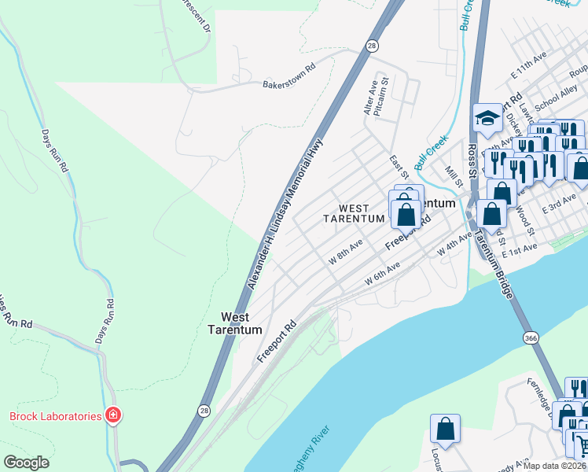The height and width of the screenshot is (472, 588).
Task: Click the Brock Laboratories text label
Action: tap(55, 416)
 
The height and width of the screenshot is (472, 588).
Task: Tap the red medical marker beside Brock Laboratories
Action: tap(113, 415)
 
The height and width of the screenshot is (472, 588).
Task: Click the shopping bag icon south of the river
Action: tap(445, 429)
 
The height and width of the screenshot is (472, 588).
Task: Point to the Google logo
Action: tap(26, 463)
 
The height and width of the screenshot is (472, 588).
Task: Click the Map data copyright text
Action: tap(554, 466)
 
